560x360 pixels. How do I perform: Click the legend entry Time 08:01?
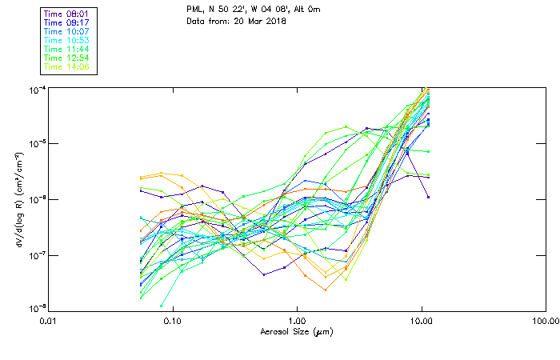click(x=68, y=14)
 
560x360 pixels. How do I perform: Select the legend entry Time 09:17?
click(x=68, y=22)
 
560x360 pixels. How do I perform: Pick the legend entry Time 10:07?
click(x=68, y=31)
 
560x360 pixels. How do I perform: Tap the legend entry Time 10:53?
click(x=68, y=40)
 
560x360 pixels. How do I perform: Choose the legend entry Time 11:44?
click(x=68, y=49)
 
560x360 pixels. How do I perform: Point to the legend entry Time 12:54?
click(x=68, y=58)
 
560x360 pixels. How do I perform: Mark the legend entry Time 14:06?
click(x=68, y=66)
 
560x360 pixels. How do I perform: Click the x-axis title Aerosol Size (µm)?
click(x=296, y=331)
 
